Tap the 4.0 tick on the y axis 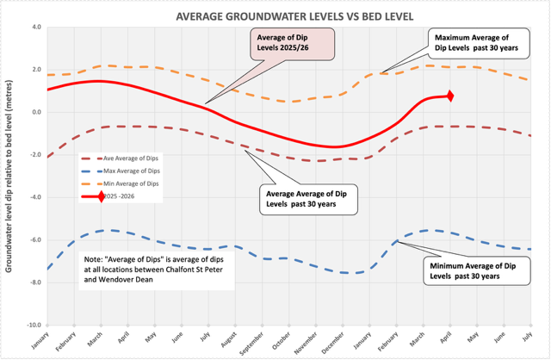[35, 27]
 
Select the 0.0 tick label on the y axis [35, 112]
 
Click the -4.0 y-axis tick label [34, 197]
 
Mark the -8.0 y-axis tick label [34, 282]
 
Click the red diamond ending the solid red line [450, 96]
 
